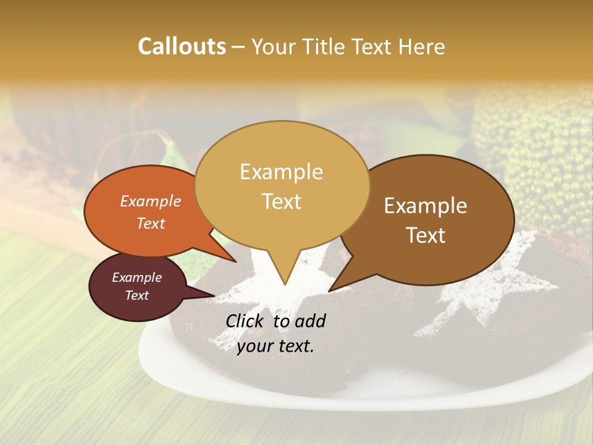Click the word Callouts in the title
coord(182,46)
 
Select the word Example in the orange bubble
coord(150,201)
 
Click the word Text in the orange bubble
coord(150,223)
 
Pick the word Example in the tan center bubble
coord(281,172)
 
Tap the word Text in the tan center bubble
coord(281,201)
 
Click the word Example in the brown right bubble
coord(426,206)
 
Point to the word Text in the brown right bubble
coord(426,235)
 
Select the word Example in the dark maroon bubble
coord(137,278)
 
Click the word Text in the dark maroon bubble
coord(137,295)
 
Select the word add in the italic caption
coord(310,321)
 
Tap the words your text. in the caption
coord(275,346)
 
